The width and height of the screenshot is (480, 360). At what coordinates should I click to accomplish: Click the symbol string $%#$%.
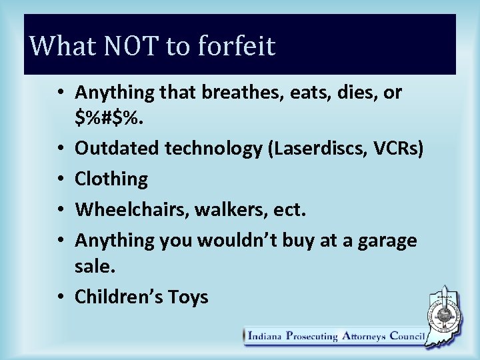[x=108, y=118]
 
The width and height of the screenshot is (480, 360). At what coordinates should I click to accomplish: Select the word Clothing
[x=111, y=179]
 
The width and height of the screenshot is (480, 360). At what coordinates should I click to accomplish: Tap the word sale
[x=95, y=267]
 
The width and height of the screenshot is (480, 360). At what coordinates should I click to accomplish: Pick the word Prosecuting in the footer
[x=312, y=336]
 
